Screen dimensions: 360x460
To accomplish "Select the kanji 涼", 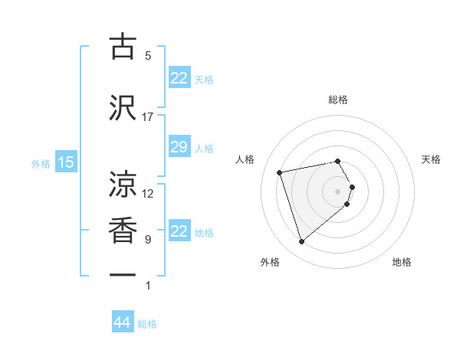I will [x=123, y=185].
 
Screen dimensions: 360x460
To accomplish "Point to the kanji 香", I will [x=123, y=231].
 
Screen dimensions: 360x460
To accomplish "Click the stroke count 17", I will [x=148, y=117].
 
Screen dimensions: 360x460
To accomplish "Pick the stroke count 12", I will [x=148, y=194].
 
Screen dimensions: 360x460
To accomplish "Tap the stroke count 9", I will [x=148, y=240].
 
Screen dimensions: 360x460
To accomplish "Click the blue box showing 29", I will [x=179, y=147].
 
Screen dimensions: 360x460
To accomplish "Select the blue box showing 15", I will [x=65, y=162].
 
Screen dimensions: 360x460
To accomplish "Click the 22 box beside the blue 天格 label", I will [x=179, y=78].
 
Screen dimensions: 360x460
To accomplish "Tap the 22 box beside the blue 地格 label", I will [x=179, y=231].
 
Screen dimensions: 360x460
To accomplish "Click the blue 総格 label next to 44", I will [x=147, y=324].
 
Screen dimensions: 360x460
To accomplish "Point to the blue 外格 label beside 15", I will [x=41, y=163].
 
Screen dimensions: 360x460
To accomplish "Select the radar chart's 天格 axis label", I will [x=431, y=159].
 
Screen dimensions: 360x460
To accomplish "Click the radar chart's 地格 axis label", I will [x=402, y=262].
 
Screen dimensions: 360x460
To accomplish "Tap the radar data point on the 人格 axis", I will [x=280, y=172].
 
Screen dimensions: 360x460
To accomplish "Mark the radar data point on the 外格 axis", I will [x=302, y=242].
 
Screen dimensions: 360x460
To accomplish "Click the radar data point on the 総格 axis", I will [x=337, y=161].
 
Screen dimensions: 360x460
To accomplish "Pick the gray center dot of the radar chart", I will [x=337, y=191].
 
